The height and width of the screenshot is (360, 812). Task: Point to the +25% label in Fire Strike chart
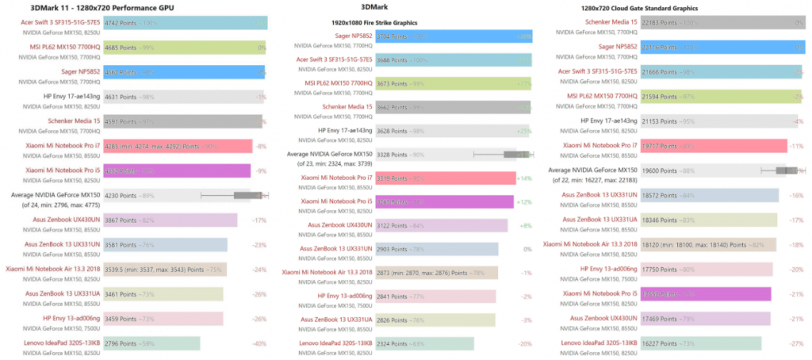point(524,130)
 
